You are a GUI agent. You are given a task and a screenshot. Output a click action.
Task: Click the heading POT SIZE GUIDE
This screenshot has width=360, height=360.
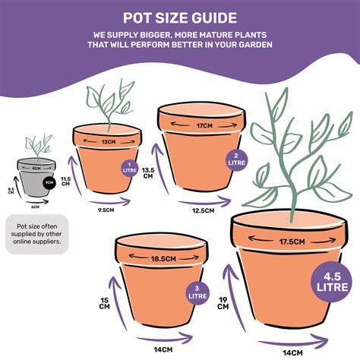pyautogui.click(x=179, y=17)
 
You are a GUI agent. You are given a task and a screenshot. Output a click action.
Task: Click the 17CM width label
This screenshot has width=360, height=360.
pyautogui.click(x=204, y=125)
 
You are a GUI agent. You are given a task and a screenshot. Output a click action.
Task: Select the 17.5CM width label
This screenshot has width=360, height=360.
pyautogui.click(x=292, y=242)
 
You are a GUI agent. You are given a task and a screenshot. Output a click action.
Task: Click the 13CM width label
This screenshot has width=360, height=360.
pyautogui.click(x=107, y=141)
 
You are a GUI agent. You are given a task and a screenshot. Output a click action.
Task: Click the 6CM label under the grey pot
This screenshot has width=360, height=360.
pyautogui.click(x=35, y=206)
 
